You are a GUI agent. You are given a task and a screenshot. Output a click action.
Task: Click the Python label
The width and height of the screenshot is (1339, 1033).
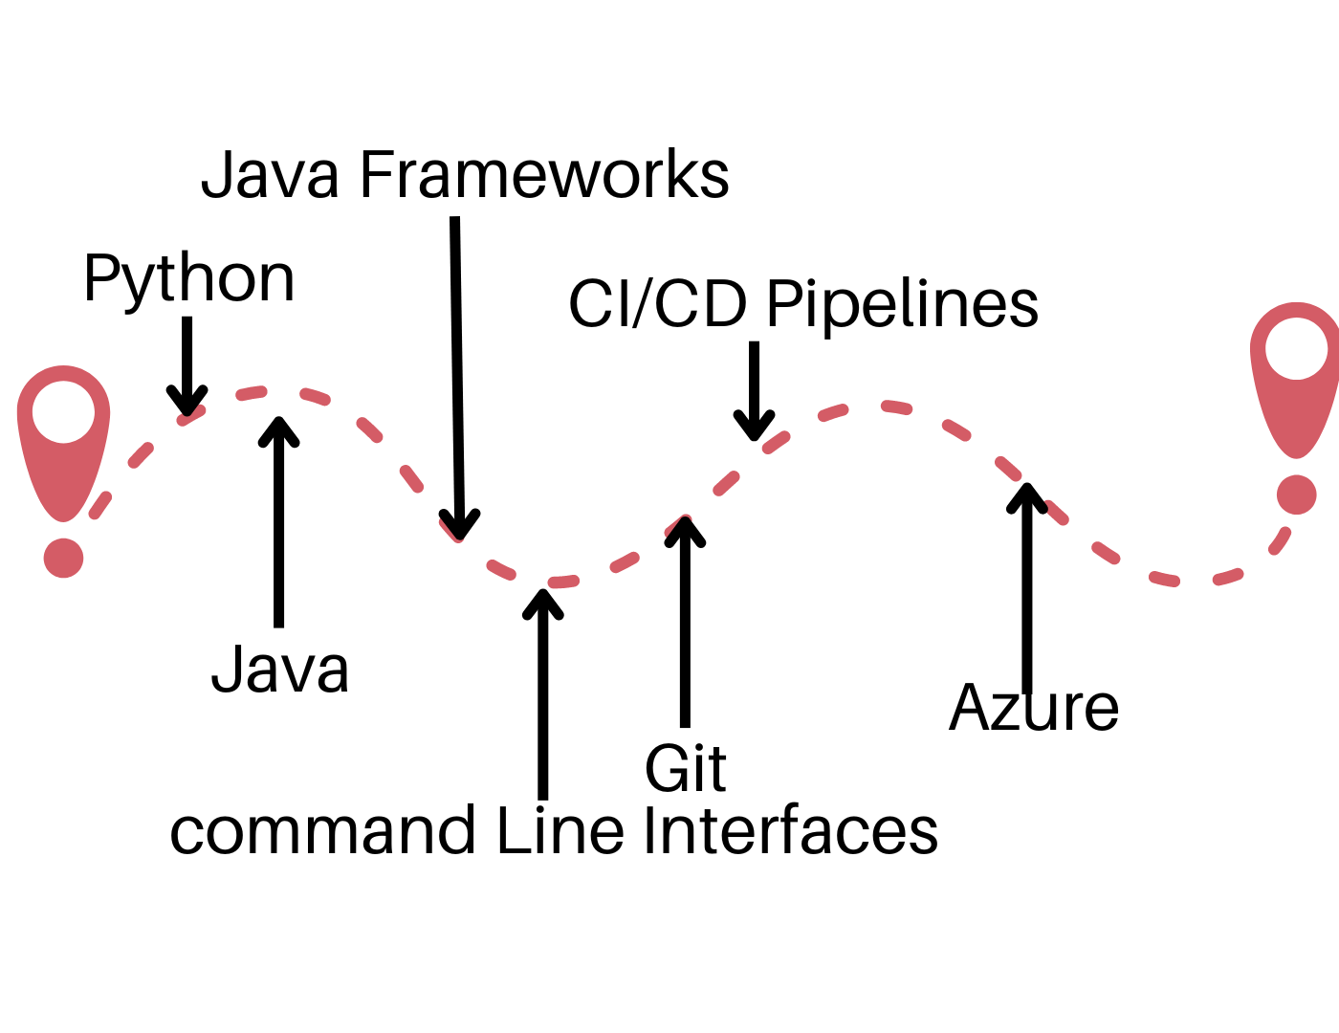tap(188, 279)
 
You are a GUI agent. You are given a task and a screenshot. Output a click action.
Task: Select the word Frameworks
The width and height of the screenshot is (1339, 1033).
tap(544, 175)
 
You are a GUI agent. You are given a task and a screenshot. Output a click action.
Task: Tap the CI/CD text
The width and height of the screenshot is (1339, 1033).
tap(657, 304)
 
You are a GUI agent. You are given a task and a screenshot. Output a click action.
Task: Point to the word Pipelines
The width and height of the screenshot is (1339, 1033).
tap(902, 304)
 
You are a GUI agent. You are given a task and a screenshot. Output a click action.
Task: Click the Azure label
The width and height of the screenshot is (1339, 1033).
tap(1034, 709)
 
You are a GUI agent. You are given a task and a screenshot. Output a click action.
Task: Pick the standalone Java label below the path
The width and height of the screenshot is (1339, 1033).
tap(279, 670)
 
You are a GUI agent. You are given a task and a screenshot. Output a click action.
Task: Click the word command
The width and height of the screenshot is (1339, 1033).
tap(322, 831)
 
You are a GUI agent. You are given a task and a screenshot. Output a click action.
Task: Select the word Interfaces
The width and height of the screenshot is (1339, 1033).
tap(790, 831)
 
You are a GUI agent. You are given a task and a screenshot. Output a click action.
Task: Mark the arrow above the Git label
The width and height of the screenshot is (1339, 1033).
tap(685, 622)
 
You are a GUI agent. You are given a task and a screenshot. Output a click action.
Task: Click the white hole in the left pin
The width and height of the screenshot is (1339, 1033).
tap(64, 412)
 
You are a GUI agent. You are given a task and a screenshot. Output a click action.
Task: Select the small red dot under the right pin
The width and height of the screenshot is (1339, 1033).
tap(1297, 495)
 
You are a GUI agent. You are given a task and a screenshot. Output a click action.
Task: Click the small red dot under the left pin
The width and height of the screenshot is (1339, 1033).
tap(64, 558)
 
